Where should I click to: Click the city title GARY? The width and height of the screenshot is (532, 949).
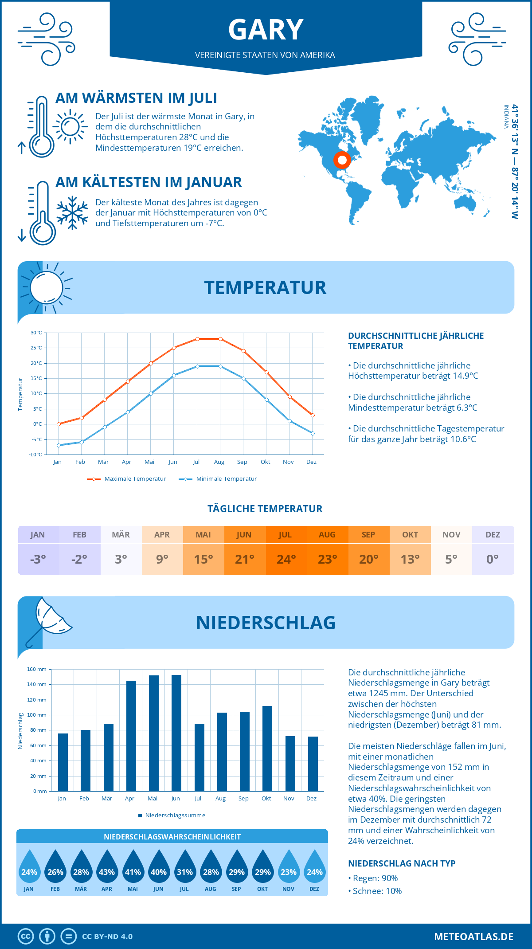click(x=266, y=30)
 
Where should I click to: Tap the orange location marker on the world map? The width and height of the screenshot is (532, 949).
click(x=342, y=160)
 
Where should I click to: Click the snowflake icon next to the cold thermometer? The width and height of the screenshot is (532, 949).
click(x=72, y=213)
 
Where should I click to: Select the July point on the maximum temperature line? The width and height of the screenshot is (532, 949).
click(x=197, y=339)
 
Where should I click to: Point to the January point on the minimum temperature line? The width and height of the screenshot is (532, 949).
click(x=59, y=445)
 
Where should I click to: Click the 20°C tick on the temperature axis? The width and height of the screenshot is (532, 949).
click(x=36, y=363)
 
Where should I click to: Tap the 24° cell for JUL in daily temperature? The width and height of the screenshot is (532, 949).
click(x=286, y=559)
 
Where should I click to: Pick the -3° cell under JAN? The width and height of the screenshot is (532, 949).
click(x=38, y=559)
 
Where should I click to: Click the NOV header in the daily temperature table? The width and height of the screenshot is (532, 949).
click(x=451, y=535)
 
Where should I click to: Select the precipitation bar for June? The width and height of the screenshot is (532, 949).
click(x=176, y=733)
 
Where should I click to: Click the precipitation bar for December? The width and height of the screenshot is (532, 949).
click(x=313, y=764)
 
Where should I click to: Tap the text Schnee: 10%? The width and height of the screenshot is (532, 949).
click(x=377, y=891)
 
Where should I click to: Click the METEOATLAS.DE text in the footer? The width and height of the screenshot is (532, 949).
click(x=473, y=937)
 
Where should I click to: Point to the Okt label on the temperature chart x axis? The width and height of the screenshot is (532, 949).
click(x=265, y=462)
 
